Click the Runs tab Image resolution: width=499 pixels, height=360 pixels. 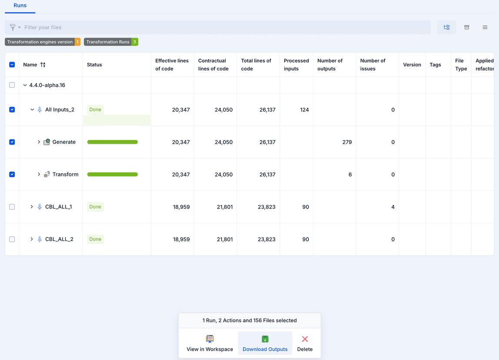tap(20, 6)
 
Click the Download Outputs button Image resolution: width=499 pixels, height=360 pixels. tap(265, 343)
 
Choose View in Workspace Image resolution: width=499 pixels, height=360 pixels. tap(210, 343)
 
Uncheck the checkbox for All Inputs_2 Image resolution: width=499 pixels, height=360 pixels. tap(12, 110)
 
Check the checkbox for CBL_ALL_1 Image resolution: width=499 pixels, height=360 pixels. tap(12, 207)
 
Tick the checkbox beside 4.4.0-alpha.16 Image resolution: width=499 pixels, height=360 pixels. tap(12, 85)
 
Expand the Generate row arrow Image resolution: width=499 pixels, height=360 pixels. tap(39, 142)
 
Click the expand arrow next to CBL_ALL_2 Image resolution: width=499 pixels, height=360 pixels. tap(32, 239)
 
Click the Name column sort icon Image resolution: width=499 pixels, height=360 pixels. tap(43, 65)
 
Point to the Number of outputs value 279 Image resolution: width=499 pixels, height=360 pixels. tap(347, 142)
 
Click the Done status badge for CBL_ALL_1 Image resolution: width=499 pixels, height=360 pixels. tap(95, 207)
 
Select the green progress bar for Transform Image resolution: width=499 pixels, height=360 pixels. tap(113, 175)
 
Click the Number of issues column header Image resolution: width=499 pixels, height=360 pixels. tap(373, 65)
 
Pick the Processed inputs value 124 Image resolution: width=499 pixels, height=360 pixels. tap(304, 110)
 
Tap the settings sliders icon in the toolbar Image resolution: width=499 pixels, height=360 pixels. tap(485, 27)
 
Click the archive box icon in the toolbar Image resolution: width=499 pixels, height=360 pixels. tap(467, 27)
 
